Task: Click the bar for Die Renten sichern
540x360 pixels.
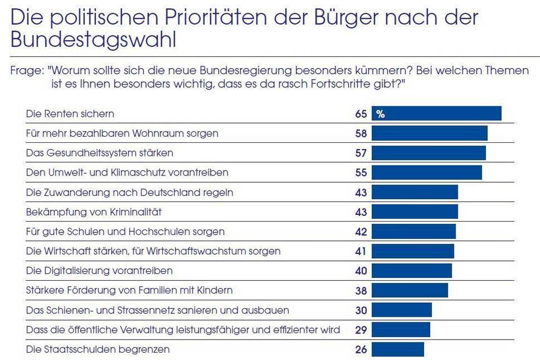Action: (x=436, y=114)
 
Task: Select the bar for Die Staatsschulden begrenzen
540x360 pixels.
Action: (x=397, y=349)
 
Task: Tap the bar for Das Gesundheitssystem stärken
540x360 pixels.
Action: (x=429, y=153)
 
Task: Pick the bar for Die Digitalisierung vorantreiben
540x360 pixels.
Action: (x=412, y=271)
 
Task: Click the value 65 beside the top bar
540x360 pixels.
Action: (x=361, y=114)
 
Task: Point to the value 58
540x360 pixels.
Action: (x=361, y=133)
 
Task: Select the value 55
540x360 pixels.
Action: (x=361, y=173)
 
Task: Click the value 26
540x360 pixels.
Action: (x=361, y=349)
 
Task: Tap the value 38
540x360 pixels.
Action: (x=361, y=290)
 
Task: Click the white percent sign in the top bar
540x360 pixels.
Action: (x=381, y=114)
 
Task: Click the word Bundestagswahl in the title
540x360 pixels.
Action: (x=93, y=40)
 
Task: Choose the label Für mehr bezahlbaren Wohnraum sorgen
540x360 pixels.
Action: (x=122, y=133)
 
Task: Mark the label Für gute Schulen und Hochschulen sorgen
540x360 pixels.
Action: (x=125, y=232)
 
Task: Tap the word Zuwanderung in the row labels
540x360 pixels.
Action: (x=75, y=192)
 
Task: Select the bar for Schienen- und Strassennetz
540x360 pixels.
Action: (x=402, y=310)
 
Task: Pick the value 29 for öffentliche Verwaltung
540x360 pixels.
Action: (x=361, y=330)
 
